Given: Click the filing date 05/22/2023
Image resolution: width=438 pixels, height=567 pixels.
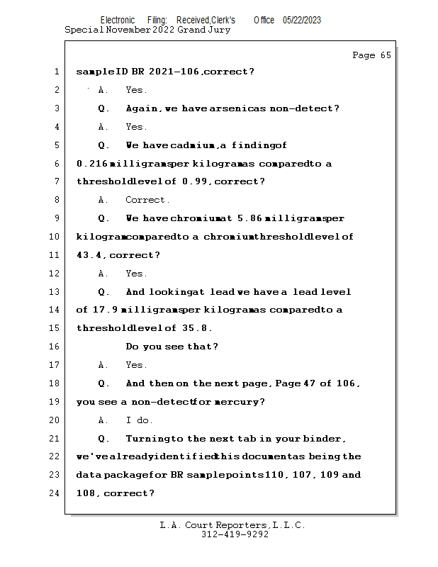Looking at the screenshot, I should (x=302, y=21).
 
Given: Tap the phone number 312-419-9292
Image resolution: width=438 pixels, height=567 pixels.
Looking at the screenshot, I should (x=235, y=534).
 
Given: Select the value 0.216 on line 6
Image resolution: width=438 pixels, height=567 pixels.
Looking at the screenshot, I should (x=92, y=164).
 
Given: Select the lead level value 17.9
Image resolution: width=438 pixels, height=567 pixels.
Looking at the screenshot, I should (x=105, y=310).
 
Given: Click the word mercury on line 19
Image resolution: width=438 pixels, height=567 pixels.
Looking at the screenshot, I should (x=241, y=402).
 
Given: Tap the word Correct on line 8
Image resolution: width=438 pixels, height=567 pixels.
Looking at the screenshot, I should (x=147, y=200).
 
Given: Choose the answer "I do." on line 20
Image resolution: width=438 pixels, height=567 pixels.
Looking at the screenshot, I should (x=139, y=420).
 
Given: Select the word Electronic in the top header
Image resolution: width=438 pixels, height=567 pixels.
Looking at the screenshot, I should (x=118, y=21).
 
